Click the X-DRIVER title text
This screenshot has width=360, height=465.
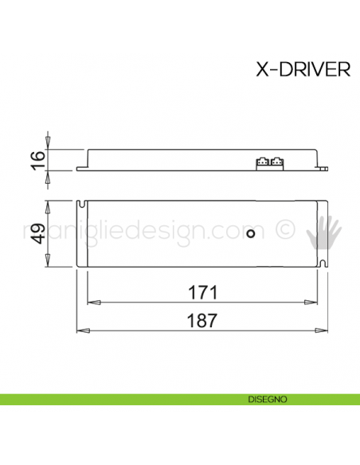[303, 70]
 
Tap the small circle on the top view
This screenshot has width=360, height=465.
[252, 233]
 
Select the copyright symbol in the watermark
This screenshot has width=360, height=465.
[284, 232]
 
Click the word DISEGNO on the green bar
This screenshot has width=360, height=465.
[267, 398]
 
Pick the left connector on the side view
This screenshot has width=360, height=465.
[261, 162]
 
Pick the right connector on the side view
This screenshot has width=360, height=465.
[276, 162]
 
